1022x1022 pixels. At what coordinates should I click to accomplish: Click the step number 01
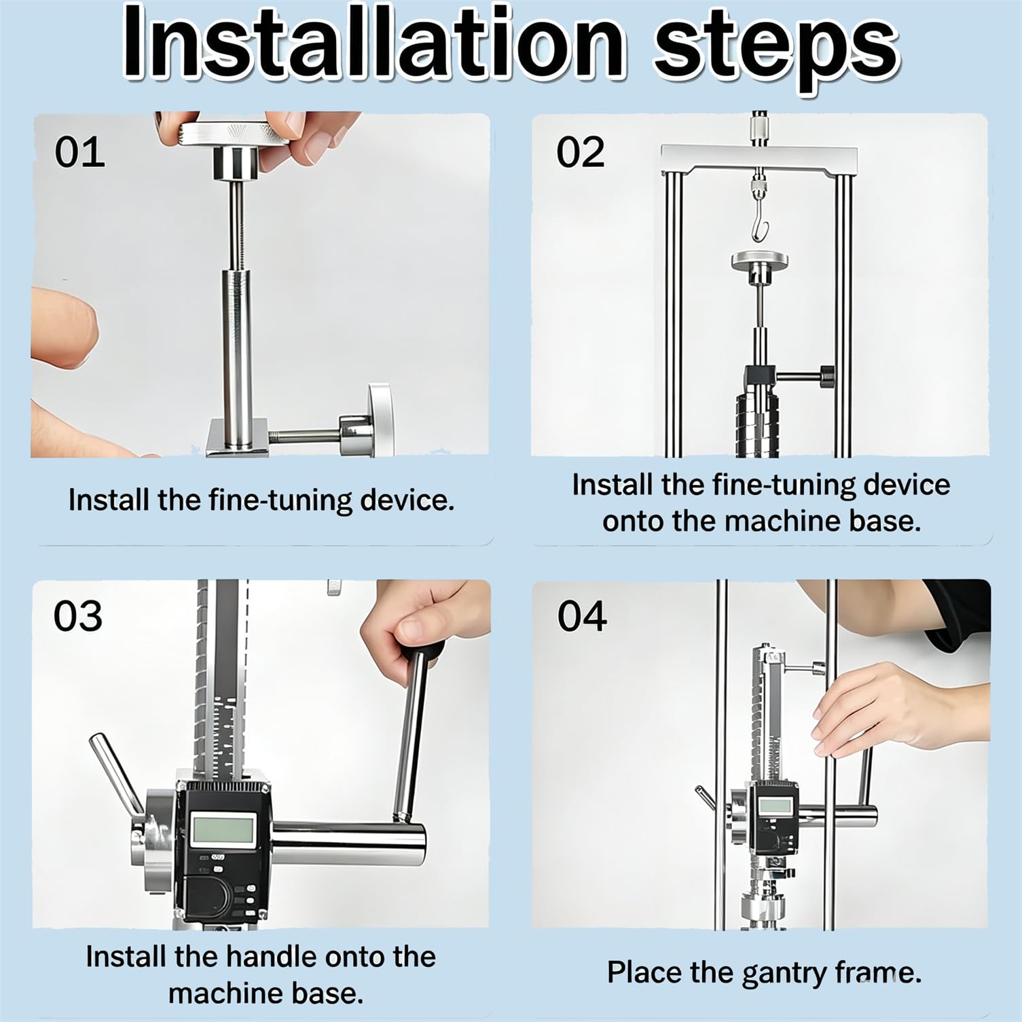[x=80, y=152]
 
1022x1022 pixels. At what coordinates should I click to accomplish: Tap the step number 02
[x=581, y=152]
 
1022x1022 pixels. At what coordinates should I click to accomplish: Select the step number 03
[x=78, y=616]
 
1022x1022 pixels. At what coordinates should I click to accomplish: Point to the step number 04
[x=582, y=616]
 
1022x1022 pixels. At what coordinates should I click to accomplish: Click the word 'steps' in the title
[x=776, y=50]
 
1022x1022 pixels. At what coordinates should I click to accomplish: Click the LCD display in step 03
[x=223, y=830]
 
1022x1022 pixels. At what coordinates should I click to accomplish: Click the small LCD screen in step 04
[x=776, y=807]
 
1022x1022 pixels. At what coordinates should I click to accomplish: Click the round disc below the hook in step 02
[x=761, y=259]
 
